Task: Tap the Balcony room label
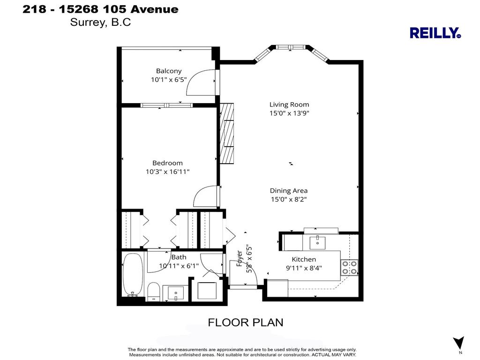pyautogui.click(x=169, y=71)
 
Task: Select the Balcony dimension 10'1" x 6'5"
pyautogui.click(x=169, y=80)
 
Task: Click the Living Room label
pyautogui.click(x=289, y=105)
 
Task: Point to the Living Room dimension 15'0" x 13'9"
pyautogui.click(x=289, y=113)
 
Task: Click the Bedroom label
pyautogui.click(x=167, y=163)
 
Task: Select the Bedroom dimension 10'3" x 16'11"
pyautogui.click(x=167, y=172)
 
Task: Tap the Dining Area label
pyautogui.click(x=289, y=190)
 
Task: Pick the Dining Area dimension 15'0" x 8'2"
pyautogui.click(x=289, y=199)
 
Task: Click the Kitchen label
pyautogui.click(x=304, y=259)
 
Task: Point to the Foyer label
pyautogui.click(x=240, y=258)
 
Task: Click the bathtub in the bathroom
pyautogui.click(x=133, y=275)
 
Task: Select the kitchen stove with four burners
pyautogui.click(x=349, y=267)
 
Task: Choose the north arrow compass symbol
pyautogui.click(x=458, y=344)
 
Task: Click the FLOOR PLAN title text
pyautogui.click(x=246, y=322)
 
